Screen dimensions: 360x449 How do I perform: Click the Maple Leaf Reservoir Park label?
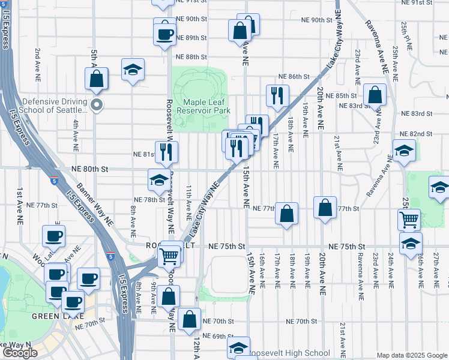pos(206,106)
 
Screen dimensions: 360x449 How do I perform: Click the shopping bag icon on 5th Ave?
pos(96,79)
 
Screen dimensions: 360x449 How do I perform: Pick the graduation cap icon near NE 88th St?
pos(133,69)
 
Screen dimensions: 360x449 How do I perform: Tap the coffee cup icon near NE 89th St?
pos(165,34)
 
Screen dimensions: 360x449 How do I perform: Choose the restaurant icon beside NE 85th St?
pos(277,96)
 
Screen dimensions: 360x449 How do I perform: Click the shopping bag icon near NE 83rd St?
pos(375,95)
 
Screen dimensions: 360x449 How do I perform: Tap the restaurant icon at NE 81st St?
pos(166,152)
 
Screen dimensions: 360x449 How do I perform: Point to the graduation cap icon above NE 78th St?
pos(159,179)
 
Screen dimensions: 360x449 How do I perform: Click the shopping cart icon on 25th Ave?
pos(409,220)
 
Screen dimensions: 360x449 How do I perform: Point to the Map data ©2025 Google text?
pos(411,355)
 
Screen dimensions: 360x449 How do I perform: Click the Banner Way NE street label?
pos(94,209)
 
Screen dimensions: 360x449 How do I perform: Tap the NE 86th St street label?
pos(293,77)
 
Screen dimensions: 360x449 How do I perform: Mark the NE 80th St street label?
pos(91,170)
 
